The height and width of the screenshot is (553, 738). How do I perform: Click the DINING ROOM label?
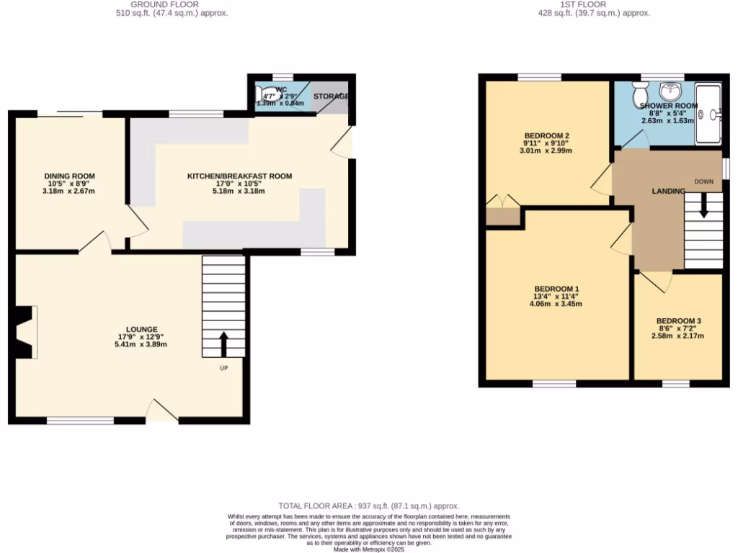pyautogui.click(x=69, y=176)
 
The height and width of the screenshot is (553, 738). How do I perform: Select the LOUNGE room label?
pyautogui.click(x=138, y=329)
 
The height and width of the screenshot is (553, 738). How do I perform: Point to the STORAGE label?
pyautogui.click(x=331, y=96)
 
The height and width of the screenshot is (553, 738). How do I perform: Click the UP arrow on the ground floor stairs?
pyautogui.click(x=223, y=344)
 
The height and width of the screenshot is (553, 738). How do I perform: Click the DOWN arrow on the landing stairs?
pyautogui.click(x=703, y=207)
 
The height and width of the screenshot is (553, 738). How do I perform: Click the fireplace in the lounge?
pyautogui.click(x=27, y=331)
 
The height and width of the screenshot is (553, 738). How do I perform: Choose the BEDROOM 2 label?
pyautogui.click(x=546, y=136)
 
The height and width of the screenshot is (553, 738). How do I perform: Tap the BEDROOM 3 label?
pyautogui.click(x=678, y=321)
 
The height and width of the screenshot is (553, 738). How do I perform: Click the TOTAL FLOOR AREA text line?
pyautogui.click(x=368, y=507)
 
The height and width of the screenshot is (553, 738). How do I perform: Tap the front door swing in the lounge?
pyautogui.click(x=161, y=410)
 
